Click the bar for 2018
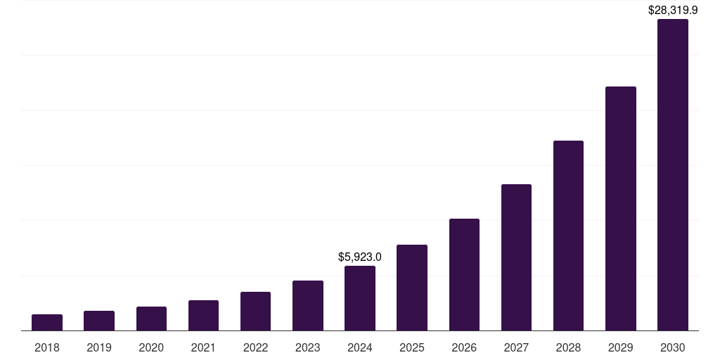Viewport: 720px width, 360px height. (x=47, y=323)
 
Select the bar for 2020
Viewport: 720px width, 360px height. (x=151, y=319)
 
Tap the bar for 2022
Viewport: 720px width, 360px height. (x=255, y=311)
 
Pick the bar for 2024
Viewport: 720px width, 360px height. (x=360, y=298)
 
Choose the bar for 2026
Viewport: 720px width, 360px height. (x=464, y=275)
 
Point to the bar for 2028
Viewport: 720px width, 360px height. (x=568, y=236)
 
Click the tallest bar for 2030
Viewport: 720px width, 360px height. (x=673, y=175)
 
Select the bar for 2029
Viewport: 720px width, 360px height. (x=621, y=209)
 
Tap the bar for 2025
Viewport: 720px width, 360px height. (x=412, y=288)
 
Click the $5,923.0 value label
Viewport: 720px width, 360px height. (x=360, y=257)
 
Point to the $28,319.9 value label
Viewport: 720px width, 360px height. (x=673, y=10)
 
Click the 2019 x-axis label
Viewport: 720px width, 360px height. (x=99, y=347)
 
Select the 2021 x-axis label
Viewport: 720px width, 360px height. (x=203, y=347)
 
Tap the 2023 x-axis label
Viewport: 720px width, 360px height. (x=308, y=347)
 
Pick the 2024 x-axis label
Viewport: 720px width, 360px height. (x=360, y=347)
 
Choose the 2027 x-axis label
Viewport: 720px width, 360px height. (x=516, y=347)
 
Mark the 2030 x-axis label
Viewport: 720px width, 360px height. (x=673, y=347)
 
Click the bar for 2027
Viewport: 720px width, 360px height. (x=516, y=257)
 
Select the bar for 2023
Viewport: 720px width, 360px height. (x=308, y=306)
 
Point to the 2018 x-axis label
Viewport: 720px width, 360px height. (x=47, y=347)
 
